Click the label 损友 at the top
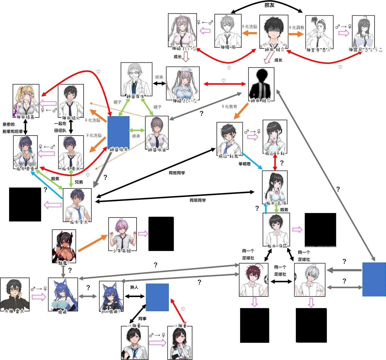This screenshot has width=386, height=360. point(269,5)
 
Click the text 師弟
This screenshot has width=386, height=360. point(159,77)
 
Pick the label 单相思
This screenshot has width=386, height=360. point(245,164)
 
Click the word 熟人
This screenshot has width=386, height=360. point(134,287)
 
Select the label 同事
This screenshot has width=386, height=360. point(142,318)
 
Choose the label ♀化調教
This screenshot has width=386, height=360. point(296,27)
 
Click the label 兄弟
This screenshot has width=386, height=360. point(79,182)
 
